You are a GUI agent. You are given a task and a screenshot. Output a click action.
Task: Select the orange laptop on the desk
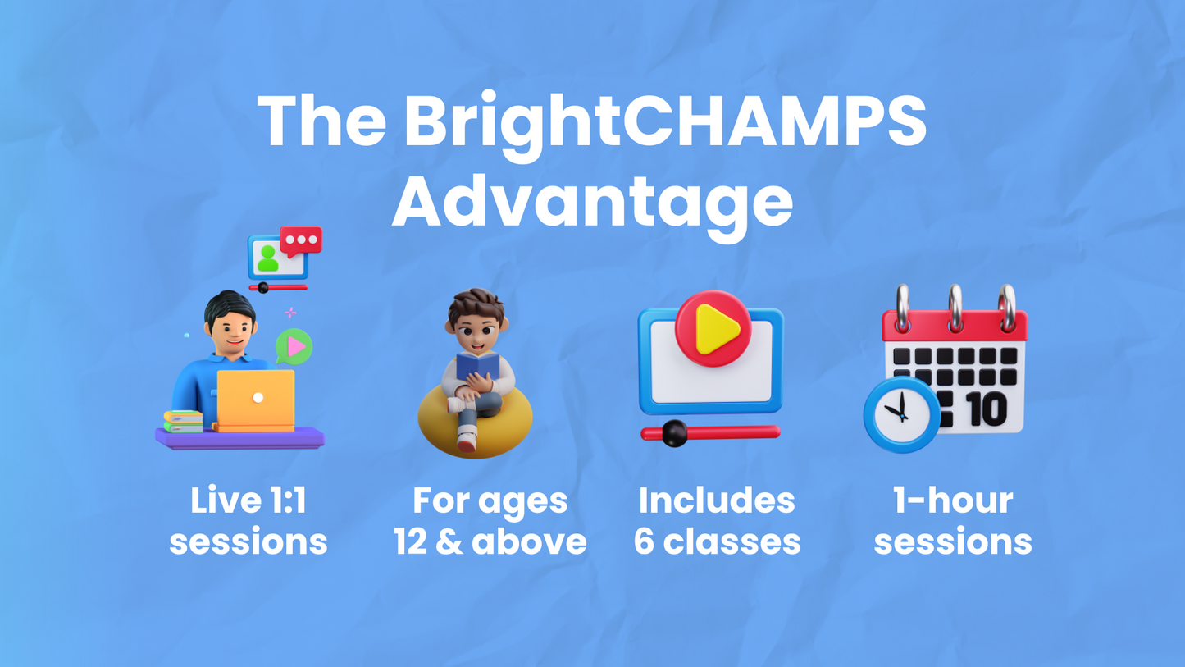(255, 400)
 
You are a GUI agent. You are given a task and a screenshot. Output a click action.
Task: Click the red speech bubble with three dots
(301, 240)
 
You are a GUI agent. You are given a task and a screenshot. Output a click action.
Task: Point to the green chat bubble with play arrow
(294, 346)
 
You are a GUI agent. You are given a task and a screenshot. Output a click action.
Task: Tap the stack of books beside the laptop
(183, 421)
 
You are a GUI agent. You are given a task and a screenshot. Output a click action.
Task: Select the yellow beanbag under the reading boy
(476, 423)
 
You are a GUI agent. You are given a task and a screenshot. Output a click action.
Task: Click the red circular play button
(713, 328)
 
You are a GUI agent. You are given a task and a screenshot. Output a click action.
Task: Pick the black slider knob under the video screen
(674, 433)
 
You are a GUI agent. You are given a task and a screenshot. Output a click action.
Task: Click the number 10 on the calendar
(987, 409)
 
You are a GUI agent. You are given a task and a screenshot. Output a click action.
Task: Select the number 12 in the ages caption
(412, 541)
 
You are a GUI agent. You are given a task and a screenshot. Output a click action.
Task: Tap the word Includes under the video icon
(716, 500)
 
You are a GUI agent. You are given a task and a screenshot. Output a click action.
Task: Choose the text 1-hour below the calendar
(953, 500)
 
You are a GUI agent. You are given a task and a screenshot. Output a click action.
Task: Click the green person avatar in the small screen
(267, 258)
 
